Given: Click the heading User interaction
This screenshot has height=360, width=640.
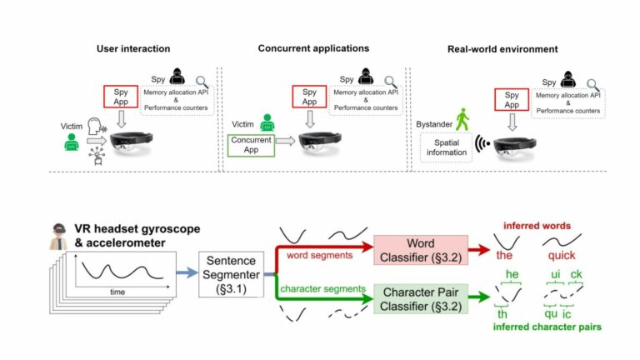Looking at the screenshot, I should coord(133,49).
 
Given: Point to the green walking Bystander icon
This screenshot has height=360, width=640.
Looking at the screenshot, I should coord(462,120).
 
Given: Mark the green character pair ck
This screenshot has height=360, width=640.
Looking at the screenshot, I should coord(577,276).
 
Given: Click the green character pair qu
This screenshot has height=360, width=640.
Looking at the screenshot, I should coord(551,316).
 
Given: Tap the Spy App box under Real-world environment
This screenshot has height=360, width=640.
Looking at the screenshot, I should coord(512,100).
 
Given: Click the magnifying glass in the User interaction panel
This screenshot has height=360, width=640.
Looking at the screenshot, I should coord(202,81).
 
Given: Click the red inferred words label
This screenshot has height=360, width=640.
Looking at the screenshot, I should coord(538,224).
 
